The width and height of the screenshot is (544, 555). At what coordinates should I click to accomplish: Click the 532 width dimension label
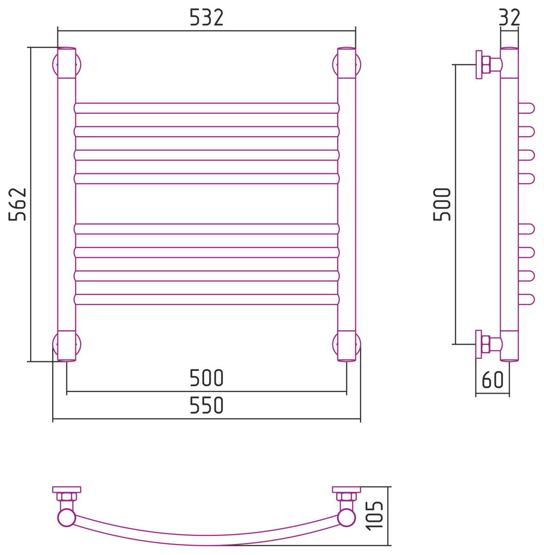[x=206, y=18]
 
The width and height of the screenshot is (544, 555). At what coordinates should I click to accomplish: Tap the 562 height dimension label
[x=17, y=204]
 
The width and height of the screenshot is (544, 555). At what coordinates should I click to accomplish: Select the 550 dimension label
[x=206, y=405]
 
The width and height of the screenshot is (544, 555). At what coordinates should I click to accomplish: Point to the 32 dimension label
[x=509, y=18]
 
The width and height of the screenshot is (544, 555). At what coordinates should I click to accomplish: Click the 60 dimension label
[x=493, y=379]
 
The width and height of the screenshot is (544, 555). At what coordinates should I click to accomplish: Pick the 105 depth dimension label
[x=374, y=516]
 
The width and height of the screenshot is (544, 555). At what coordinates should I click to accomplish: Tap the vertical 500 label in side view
[x=442, y=204]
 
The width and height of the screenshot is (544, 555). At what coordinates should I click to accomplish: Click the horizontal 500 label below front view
[x=206, y=377]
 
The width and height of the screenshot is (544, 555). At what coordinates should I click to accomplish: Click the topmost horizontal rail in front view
[x=207, y=108]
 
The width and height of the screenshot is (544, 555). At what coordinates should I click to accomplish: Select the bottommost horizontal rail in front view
[x=207, y=299]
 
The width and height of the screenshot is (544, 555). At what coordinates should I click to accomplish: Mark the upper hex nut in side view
[x=486, y=64]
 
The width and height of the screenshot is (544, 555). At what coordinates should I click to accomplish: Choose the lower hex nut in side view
[x=486, y=344]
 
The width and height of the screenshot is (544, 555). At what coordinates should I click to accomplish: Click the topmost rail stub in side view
[x=526, y=108]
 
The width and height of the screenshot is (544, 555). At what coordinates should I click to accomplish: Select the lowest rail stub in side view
[x=526, y=299]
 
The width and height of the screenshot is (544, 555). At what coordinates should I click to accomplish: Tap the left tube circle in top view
[x=67, y=518]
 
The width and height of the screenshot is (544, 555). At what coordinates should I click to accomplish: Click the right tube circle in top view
[x=346, y=518]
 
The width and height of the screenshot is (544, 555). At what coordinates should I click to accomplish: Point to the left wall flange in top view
[x=67, y=490]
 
